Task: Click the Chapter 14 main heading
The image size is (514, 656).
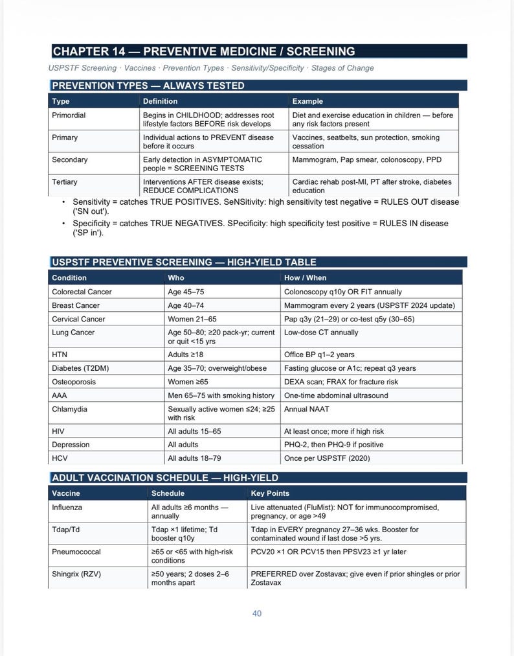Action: (203, 52)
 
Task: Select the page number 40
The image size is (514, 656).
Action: (257, 613)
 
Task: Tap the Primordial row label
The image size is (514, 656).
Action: (69, 115)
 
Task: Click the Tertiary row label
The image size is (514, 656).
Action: (65, 182)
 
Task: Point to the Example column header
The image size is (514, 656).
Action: (307, 101)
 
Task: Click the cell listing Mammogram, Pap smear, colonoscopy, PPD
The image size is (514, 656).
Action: (357, 160)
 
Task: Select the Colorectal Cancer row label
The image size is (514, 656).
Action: (82, 292)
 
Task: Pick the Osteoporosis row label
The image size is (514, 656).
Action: (74, 382)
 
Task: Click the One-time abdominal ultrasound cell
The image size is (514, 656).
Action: (336, 396)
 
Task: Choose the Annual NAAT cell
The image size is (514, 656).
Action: (307, 410)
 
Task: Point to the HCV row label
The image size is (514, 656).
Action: (60, 459)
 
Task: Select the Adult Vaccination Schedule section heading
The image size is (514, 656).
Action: (164, 478)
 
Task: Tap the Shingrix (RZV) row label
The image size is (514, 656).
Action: (76, 574)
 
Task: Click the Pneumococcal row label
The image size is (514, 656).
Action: (76, 552)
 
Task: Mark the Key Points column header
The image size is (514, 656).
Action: (270, 494)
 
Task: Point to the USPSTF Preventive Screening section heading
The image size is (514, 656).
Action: (184, 263)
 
